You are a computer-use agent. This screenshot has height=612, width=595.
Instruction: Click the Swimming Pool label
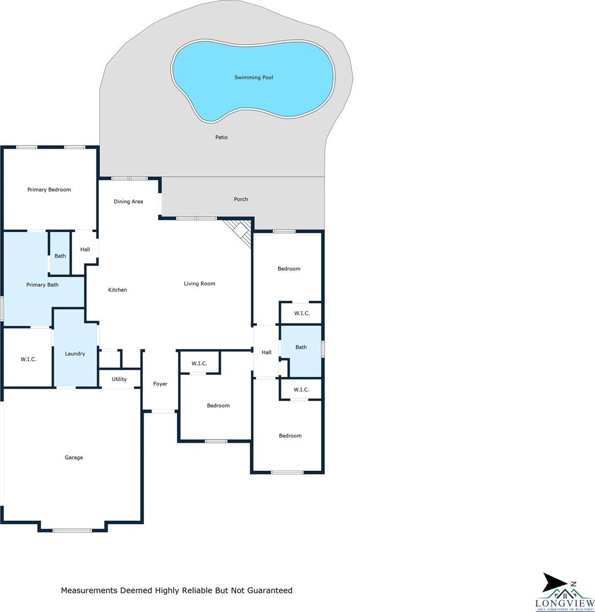coord(253,78)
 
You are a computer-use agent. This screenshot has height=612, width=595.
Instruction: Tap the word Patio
coord(221,137)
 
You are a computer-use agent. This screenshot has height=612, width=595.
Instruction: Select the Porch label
coord(241,199)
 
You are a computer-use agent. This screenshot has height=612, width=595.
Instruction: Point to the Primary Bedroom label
coord(49,190)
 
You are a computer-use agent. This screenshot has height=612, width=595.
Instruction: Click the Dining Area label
coord(128,201)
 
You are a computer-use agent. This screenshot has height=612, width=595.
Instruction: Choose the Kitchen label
coord(117,290)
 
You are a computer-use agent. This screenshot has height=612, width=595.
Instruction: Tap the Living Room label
coord(199,284)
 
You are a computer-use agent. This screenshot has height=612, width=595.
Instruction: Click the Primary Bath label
coord(42,285)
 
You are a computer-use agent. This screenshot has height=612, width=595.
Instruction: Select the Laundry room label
coord(75,353)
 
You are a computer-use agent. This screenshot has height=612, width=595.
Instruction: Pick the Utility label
coord(119,379)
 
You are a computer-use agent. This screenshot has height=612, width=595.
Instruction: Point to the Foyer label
coord(160,384)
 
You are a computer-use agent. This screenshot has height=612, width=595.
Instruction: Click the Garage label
coord(74,457)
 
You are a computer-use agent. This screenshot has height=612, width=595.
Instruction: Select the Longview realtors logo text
coord(564,603)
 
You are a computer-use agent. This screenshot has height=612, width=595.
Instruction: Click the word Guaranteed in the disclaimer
coord(270,590)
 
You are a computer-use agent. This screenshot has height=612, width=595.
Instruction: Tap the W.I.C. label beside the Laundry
coord(29,359)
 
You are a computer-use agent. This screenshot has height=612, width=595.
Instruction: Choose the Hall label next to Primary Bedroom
coord(85,249)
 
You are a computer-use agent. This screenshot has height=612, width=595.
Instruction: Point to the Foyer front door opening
coord(163,411)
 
